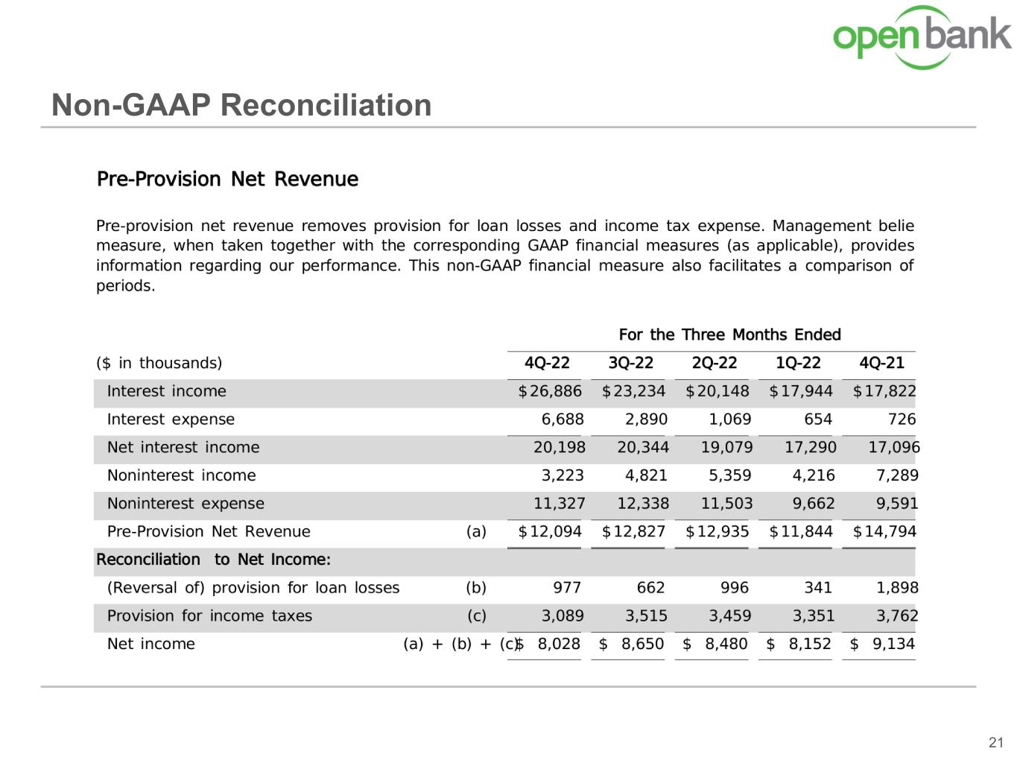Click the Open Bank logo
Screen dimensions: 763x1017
[922, 37]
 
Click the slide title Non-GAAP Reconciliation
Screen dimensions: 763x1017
[241, 105]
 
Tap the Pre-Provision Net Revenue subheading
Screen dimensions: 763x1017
[227, 179]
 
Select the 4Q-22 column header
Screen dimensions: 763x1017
[547, 363]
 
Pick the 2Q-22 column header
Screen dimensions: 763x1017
[714, 363]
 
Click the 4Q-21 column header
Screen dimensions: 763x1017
[881, 363]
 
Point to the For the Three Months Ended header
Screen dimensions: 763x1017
[729, 335]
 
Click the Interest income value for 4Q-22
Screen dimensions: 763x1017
[551, 391]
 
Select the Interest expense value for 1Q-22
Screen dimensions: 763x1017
[817, 420]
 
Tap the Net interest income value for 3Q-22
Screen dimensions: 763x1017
[642, 447]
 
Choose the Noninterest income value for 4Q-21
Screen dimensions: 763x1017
[897, 475]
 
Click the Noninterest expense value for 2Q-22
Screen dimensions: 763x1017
[726, 504]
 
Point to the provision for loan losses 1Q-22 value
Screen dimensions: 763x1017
[817, 588]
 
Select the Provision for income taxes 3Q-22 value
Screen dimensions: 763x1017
[646, 616]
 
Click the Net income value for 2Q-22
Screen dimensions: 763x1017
[715, 644]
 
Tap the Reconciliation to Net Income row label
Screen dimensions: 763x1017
[213, 560]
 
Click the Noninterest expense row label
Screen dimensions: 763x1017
[186, 504]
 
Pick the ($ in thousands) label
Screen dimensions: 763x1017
[159, 363]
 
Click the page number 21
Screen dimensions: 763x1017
[996, 742]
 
